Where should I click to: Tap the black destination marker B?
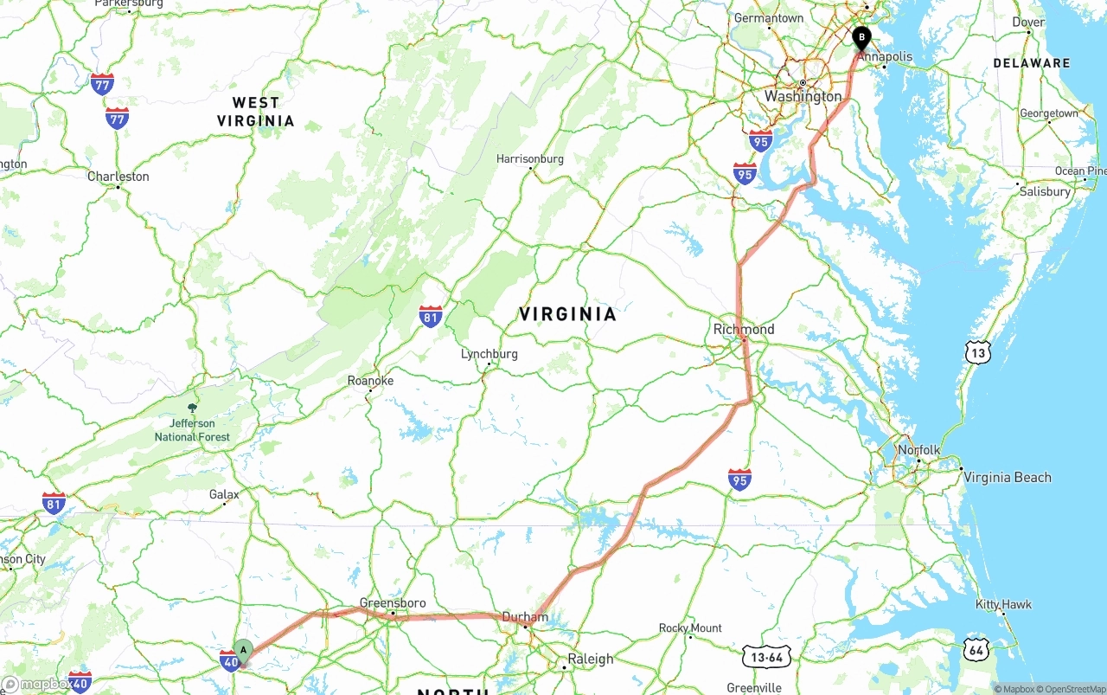[861, 37]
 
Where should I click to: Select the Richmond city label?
[744, 329]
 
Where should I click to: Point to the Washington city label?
[803, 96]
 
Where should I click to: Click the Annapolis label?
[886, 56]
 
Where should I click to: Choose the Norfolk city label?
[918, 450]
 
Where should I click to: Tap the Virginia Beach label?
[1008, 477]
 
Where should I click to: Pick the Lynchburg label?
[489, 354]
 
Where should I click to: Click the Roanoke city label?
[370, 381]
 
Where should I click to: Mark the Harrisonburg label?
[529, 158]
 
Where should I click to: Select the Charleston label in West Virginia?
[118, 177]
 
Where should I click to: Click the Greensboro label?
[393, 602]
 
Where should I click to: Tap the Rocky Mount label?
[690, 627]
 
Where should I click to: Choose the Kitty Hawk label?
[1003, 604]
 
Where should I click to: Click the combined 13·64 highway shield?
[766, 656]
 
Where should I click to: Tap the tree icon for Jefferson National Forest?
[192, 408]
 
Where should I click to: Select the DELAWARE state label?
[1031, 63]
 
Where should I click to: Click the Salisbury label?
[1045, 191]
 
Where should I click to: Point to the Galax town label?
[224, 495]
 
